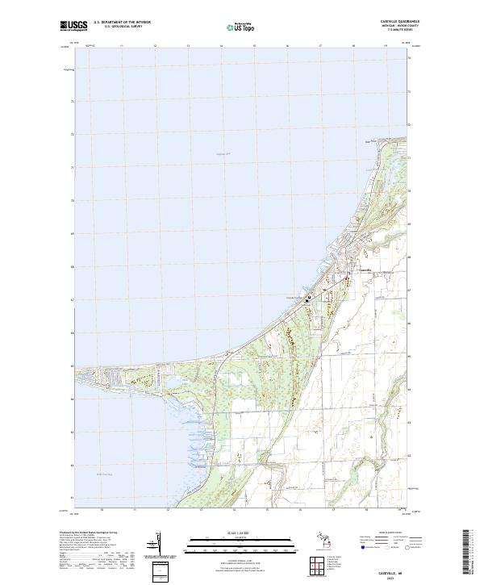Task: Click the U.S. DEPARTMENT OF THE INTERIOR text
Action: tap(122, 23)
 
